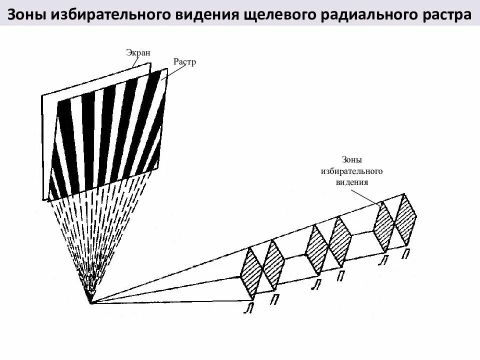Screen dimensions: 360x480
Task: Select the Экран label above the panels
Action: tap(138, 52)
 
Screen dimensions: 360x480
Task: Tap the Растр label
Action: tap(184, 62)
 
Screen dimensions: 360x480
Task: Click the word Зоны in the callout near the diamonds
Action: tap(351, 160)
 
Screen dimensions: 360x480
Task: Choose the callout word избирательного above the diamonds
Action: tap(351, 171)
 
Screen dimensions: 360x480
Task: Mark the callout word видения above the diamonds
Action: tap(351, 182)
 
